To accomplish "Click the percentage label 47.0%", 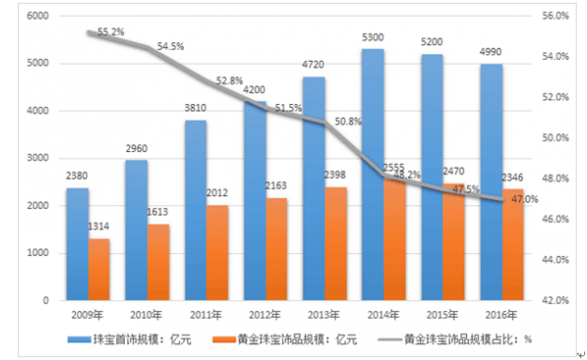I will pos(525,199).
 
